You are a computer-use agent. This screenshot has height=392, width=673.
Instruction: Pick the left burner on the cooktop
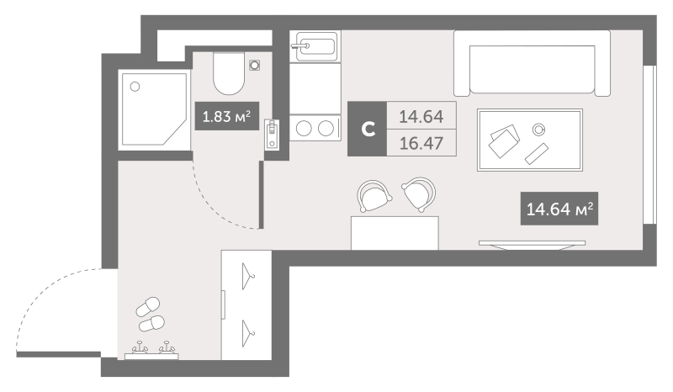tap(304, 129)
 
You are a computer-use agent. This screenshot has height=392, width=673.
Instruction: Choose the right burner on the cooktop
tap(326, 129)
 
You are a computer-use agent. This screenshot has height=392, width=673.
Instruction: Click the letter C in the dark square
tap(368, 129)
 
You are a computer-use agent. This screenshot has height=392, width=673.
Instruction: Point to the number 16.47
tap(421, 142)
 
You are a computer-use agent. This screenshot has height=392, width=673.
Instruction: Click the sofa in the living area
tap(531, 63)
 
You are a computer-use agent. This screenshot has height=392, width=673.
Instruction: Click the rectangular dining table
tap(395, 233)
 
